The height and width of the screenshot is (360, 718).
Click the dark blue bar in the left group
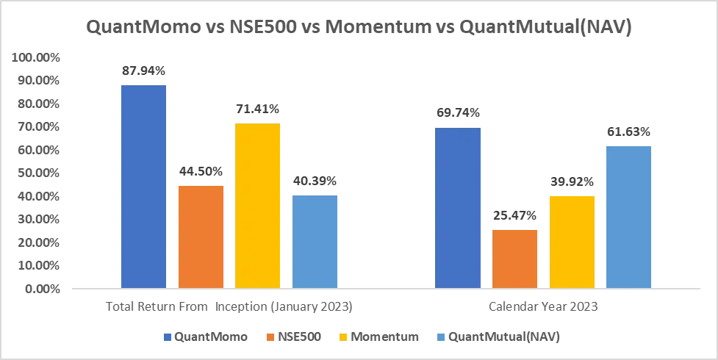click(x=143, y=185)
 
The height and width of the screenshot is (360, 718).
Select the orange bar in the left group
click(x=201, y=235)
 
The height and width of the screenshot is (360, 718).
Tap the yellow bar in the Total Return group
click(x=258, y=205)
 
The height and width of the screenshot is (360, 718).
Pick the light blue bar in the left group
click(x=315, y=240)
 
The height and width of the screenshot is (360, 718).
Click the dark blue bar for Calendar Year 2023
click(x=459, y=206)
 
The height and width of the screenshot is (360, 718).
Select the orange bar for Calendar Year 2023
click(x=516, y=258)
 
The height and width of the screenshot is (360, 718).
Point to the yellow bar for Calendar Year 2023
click(x=573, y=240)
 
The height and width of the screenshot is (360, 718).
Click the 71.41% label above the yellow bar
click(x=258, y=109)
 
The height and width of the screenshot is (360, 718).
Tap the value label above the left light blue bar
click(x=315, y=181)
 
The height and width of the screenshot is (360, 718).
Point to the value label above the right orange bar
click(x=516, y=216)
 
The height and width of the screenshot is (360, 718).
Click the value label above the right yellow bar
click(x=573, y=181)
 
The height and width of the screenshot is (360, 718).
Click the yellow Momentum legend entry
click(x=376, y=336)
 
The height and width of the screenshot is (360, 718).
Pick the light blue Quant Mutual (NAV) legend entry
click(x=499, y=336)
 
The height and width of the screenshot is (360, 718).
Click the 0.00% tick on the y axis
click(x=43, y=288)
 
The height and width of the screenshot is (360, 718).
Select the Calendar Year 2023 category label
click(x=543, y=304)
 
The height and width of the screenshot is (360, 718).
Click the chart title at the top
click(x=359, y=27)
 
